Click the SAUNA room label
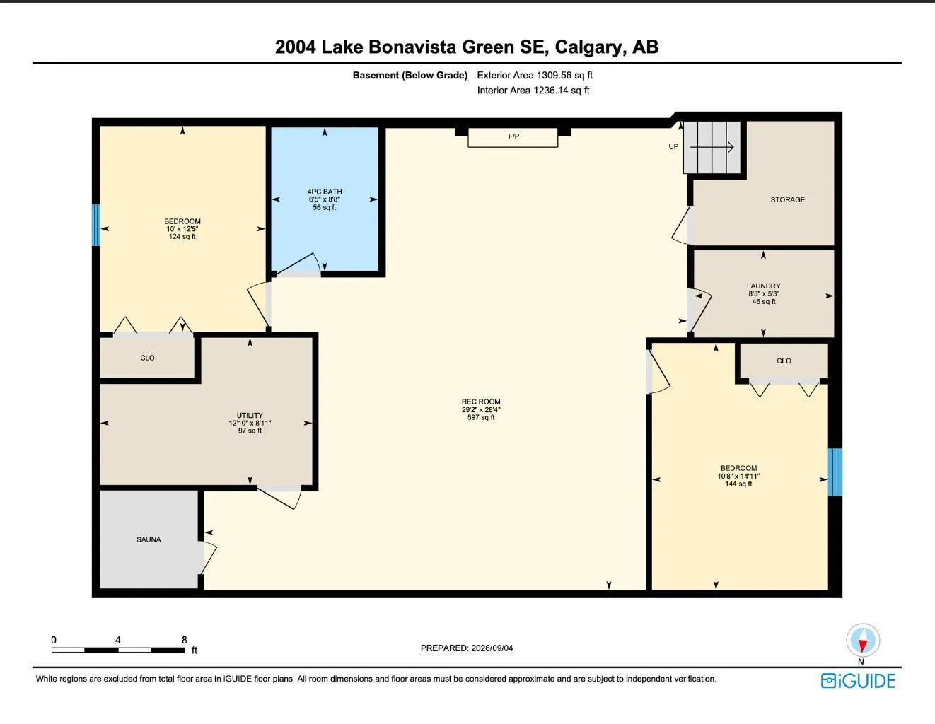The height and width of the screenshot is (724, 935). [149, 539]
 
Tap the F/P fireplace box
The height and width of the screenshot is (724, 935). [513, 138]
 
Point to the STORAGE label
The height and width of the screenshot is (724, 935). [787, 199]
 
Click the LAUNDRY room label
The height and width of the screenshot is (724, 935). [763, 286]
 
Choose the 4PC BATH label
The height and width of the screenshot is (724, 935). [325, 192]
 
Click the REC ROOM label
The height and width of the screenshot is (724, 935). [481, 402]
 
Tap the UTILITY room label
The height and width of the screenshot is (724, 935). [250, 415]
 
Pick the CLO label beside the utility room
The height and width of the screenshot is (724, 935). [147, 358]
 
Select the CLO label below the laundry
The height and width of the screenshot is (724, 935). [784, 361]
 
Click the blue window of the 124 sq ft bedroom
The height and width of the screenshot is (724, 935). [96, 226]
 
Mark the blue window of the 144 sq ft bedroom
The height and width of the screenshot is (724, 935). [835, 472]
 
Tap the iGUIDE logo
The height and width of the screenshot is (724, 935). [858, 681]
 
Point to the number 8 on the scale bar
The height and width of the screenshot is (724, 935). [184, 640]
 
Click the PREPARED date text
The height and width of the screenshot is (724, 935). [467, 648]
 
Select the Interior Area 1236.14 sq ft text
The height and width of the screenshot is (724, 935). [533, 90]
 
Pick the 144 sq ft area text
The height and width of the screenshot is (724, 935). [738, 484]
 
